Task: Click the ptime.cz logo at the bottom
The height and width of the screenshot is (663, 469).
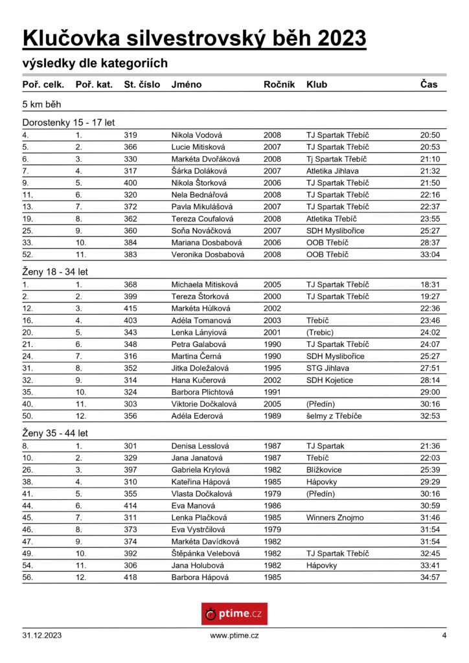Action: tap(234, 613)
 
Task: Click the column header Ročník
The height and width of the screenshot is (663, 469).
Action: tap(279, 85)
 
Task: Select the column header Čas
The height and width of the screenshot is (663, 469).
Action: tap(429, 85)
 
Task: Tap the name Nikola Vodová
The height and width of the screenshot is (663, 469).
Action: tap(196, 135)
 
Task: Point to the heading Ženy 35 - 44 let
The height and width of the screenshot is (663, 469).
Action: tap(55, 433)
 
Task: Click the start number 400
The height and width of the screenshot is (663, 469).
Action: tap(131, 183)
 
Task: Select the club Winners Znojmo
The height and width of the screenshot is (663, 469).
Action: tap(335, 518)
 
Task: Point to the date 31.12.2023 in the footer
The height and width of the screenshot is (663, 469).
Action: tap(42, 636)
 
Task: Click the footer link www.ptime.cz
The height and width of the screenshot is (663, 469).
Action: tap(234, 636)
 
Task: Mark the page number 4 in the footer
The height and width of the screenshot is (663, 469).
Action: tap(444, 636)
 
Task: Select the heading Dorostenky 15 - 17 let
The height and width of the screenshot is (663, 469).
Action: tap(69, 122)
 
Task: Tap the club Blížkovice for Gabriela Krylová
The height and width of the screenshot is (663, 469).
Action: tap(324, 470)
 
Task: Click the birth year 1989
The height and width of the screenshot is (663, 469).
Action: tap(273, 416)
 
